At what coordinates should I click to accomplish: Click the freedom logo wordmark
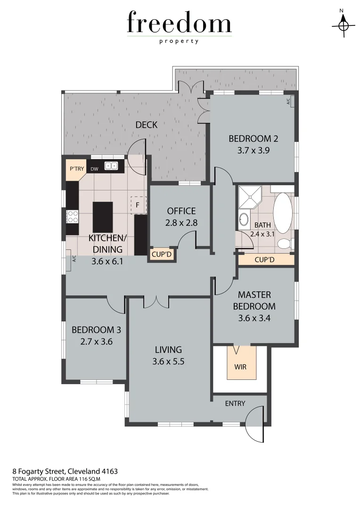coord(179,24)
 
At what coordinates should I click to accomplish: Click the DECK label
coord(146,125)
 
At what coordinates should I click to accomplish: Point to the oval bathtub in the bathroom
coord(283,212)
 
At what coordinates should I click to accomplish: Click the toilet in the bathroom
coord(284,244)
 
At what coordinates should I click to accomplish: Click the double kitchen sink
coord(111,166)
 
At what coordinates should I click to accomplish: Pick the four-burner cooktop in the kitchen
coord(73,216)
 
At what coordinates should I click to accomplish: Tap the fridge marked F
coord(138,205)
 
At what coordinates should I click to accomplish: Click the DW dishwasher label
coord(94,169)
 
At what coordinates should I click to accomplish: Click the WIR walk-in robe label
coord(240,367)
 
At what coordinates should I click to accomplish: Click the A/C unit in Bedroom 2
coord(289,101)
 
